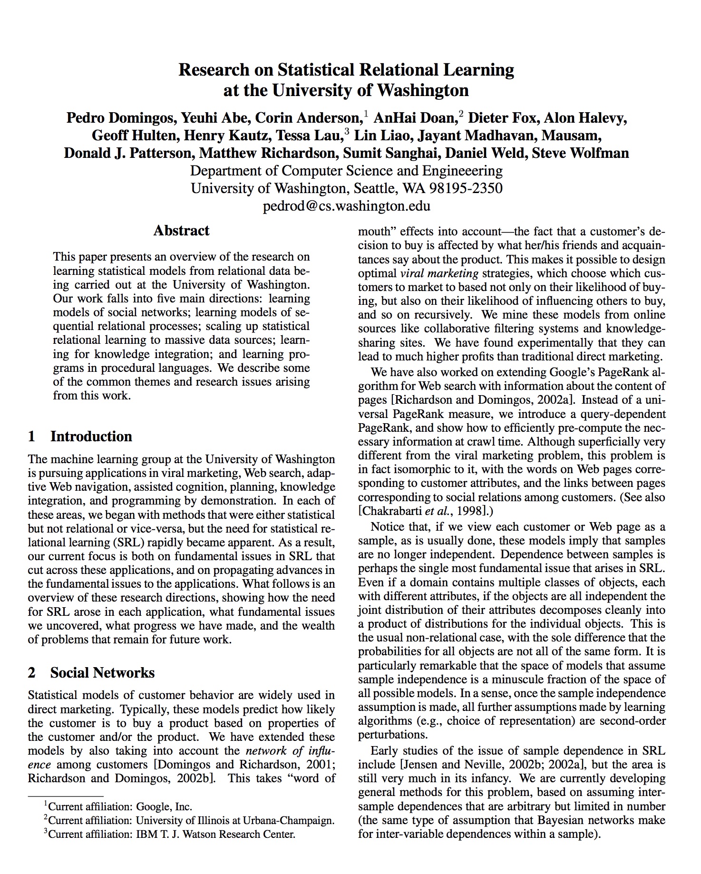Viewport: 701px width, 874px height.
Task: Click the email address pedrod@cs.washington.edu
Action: tap(346, 206)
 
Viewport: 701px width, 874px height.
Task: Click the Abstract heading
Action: tap(181, 231)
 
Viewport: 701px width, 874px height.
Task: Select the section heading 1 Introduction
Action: tap(80, 436)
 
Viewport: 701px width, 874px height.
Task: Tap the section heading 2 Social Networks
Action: tap(91, 672)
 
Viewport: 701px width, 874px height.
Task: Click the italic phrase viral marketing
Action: tap(439, 273)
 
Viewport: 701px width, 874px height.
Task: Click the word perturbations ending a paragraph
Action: tap(392, 735)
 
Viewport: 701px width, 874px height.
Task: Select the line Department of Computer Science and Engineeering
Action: tap(346, 171)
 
